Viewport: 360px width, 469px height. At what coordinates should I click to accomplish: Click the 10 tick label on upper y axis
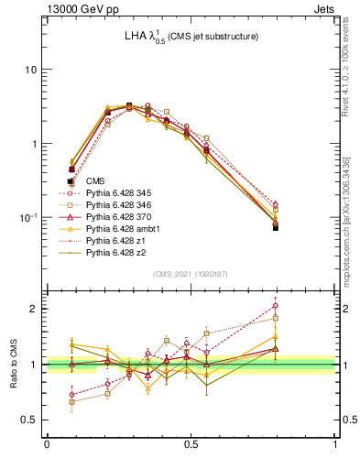pos(30,71)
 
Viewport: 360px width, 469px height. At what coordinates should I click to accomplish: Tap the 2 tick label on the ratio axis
pos(34,309)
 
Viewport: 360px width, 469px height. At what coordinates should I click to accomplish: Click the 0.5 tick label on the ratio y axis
pos(30,420)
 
